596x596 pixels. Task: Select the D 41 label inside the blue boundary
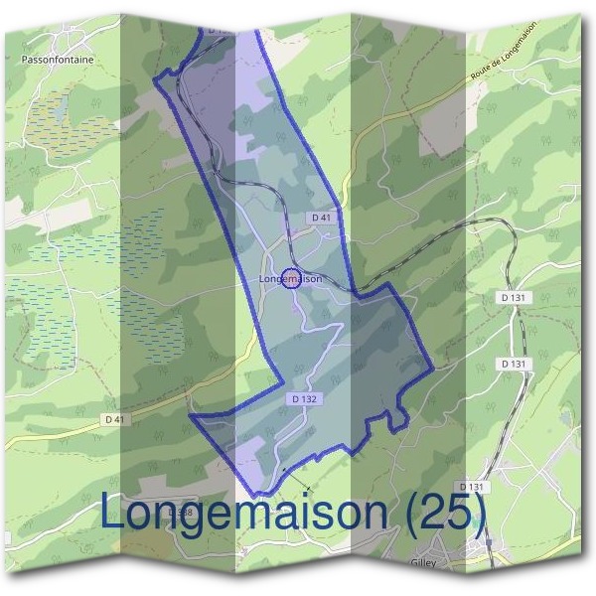click(320, 218)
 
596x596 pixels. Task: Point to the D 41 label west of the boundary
click(116, 419)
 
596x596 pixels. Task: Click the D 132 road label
click(305, 398)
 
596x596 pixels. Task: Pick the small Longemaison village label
click(290, 279)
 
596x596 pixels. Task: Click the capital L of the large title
click(115, 512)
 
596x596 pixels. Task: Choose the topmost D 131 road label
click(513, 298)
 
